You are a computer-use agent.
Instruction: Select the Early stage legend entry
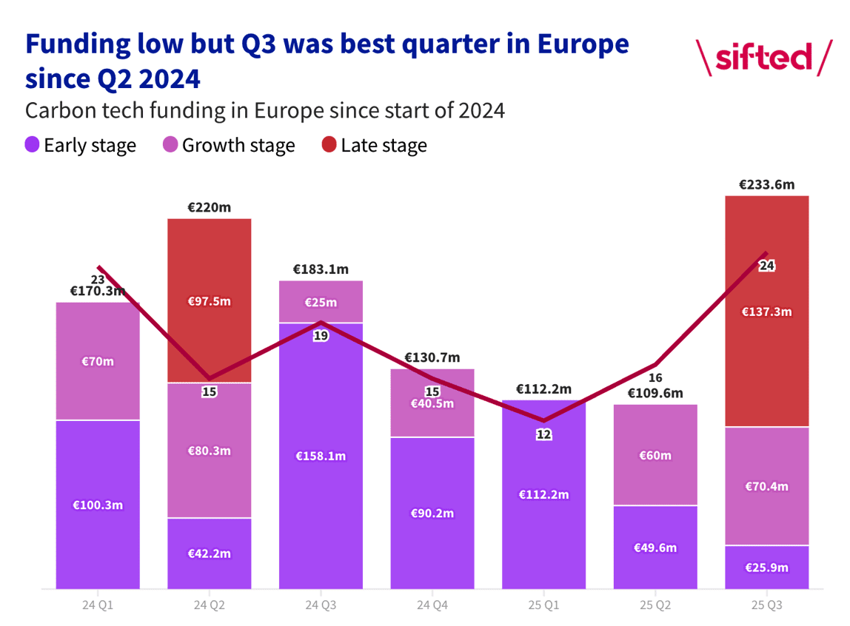(x=80, y=145)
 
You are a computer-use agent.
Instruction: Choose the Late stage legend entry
(x=375, y=145)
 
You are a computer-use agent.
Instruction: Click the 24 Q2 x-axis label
(x=210, y=605)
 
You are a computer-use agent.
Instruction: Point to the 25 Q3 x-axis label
(x=766, y=605)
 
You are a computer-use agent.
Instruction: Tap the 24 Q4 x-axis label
(x=432, y=605)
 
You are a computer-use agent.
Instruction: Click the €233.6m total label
(x=766, y=185)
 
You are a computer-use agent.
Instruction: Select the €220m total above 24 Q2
(x=210, y=208)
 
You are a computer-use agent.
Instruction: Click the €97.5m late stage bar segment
(x=210, y=301)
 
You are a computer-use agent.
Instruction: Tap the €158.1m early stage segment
(x=321, y=456)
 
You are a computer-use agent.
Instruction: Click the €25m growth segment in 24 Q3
(x=321, y=302)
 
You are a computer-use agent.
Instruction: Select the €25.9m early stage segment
(x=766, y=568)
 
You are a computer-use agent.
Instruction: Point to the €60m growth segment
(x=655, y=455)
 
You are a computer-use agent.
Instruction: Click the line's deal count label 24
(x=766, y=266)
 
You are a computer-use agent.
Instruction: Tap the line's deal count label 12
(x=543, y=434)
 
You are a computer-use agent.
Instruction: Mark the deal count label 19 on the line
(x=321, y=336)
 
